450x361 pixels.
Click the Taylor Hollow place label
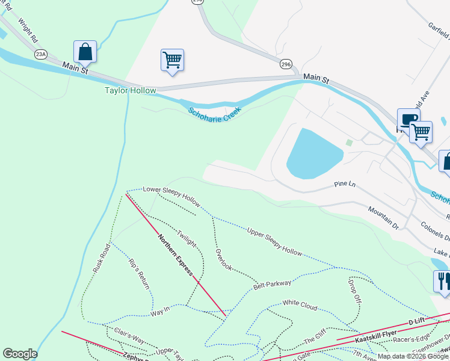[131, 91]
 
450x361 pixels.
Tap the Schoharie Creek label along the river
[214, 113]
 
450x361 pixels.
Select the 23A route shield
[41, 54]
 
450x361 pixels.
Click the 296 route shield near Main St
[286, 63]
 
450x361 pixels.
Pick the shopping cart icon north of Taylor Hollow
[172, 60]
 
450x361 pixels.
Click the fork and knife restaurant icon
[442, 281]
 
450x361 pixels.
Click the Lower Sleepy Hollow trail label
[171, 190]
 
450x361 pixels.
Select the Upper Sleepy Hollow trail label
[274, 241]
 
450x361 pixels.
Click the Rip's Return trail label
[139, 274]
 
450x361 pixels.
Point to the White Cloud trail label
[299, 305]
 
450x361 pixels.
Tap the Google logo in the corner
[20, 354]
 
